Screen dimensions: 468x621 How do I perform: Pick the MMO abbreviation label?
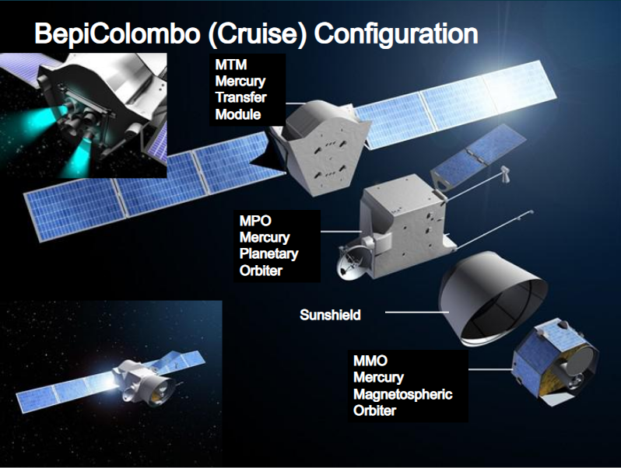[370, 361]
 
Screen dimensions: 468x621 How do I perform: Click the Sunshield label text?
[331, 315]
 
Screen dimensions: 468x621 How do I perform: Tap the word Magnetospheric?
[402, 394]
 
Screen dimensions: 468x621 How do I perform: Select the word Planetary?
[269, 253]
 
